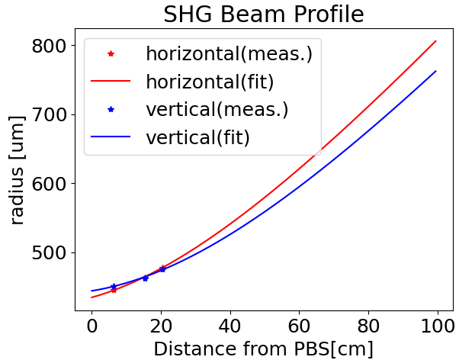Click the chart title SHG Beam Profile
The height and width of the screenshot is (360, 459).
[264, 14]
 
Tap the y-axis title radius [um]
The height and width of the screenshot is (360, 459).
[17, 170]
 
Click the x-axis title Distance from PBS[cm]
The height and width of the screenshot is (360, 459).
[264, 349]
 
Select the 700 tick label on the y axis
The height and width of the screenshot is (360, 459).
[48, 115]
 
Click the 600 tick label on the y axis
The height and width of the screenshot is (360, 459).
[48, 184]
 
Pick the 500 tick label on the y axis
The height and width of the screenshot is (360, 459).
[48, 252]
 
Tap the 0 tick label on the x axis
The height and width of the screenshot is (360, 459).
[92, 326]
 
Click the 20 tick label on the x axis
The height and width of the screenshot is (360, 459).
[161, 326]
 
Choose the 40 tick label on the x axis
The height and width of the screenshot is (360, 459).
[230, 326]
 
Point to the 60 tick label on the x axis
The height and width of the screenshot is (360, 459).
[299, 326]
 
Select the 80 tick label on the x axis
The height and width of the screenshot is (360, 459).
[368, 326]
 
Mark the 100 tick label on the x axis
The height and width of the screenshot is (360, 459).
[438, 326]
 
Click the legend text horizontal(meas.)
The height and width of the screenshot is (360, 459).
[230, 54]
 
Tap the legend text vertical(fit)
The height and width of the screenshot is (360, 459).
[198, 137]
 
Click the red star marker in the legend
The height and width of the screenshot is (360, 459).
[111, 53]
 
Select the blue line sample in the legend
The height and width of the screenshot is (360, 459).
[111, 137]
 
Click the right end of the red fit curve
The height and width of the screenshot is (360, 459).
[436, 41]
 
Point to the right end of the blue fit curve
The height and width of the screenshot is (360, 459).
[436, 71]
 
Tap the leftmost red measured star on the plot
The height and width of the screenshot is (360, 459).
[114, 291]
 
